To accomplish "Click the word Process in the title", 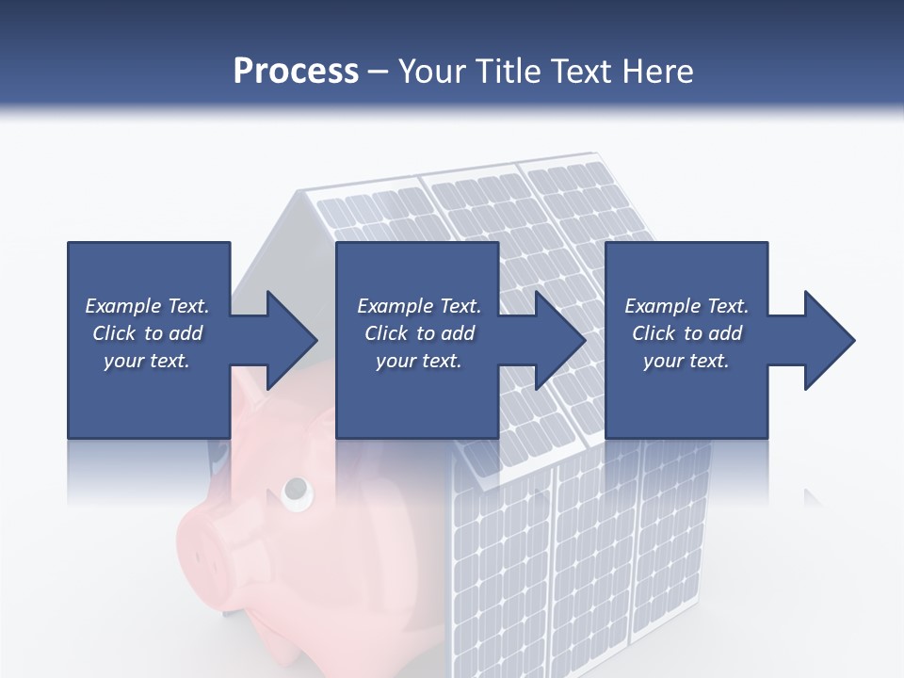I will pos(296,72).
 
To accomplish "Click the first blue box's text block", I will pos(148,333).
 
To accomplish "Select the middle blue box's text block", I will pos(419,333).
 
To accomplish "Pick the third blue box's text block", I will pos(686,333).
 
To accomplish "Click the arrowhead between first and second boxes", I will pos(291,340).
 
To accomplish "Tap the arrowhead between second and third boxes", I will pos(560,340).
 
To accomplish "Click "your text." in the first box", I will pos(147,361).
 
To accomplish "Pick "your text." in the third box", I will pos(686,361).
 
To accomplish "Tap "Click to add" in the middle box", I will pos(419,333).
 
